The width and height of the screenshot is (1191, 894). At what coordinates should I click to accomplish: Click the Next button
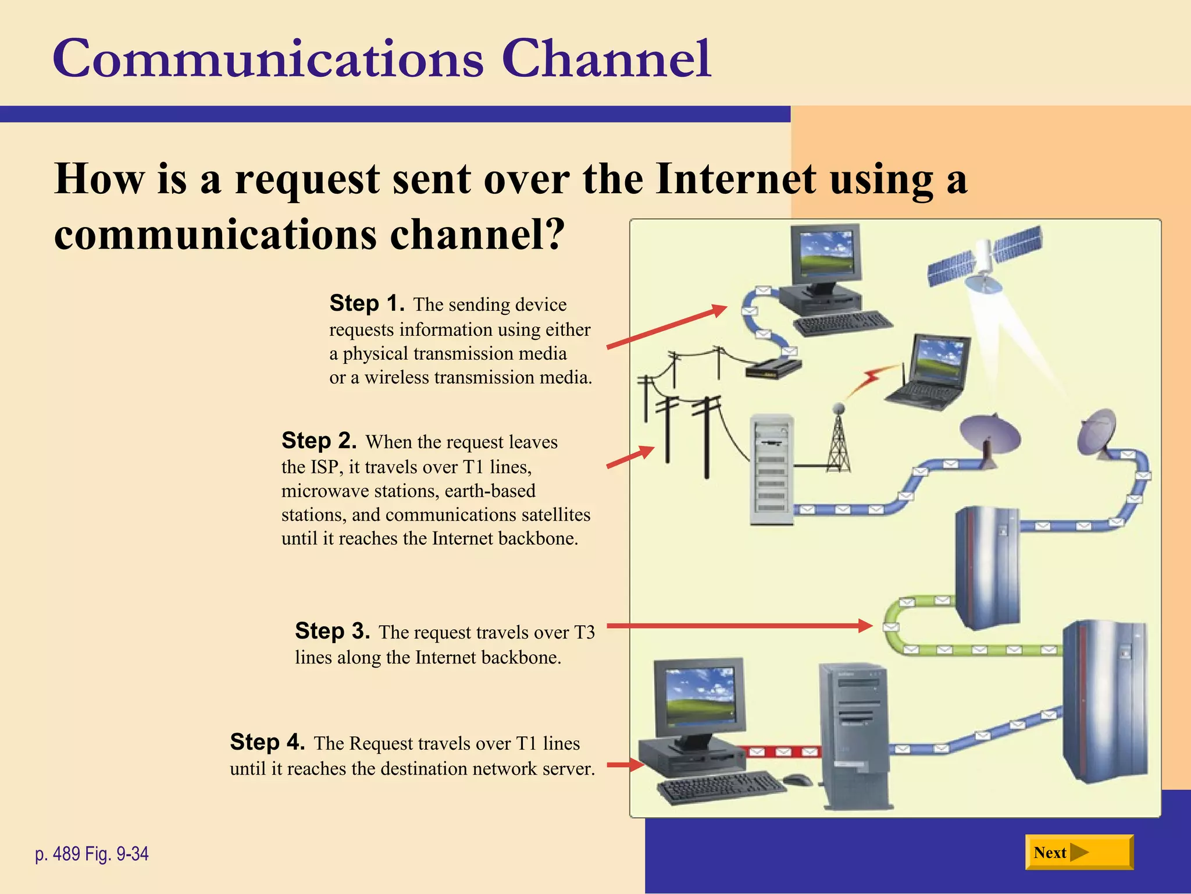[x=1078, y=852]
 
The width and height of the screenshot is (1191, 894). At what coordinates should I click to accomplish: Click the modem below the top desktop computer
[x=772, y=369]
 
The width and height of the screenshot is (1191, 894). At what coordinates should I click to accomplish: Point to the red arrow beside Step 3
[x=739, y=626]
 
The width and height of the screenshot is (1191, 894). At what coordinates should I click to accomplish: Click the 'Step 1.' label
[x=366, y=303]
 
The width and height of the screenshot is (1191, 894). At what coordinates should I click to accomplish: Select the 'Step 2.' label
[x=319, y=441]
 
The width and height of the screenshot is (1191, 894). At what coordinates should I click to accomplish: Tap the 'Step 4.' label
[x=267, y=742]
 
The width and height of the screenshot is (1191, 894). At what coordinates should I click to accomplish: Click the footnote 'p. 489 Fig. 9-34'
[x=92, y=854]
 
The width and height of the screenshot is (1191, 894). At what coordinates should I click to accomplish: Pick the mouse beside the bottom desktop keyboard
[x=797, y=779]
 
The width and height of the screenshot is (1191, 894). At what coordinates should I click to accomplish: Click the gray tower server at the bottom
[x=855, y=736]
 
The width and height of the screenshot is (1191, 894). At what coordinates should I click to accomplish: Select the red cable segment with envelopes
[x=782, y=752]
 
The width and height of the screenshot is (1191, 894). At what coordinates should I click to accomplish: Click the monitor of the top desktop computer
[x=825, y=254]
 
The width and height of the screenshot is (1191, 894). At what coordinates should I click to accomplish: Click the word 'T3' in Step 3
[x=584, y=632]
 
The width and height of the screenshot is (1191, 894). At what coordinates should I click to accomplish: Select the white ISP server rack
[x=771, y=469]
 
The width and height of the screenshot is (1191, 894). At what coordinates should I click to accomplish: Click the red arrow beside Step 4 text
[x=625, y=765]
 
